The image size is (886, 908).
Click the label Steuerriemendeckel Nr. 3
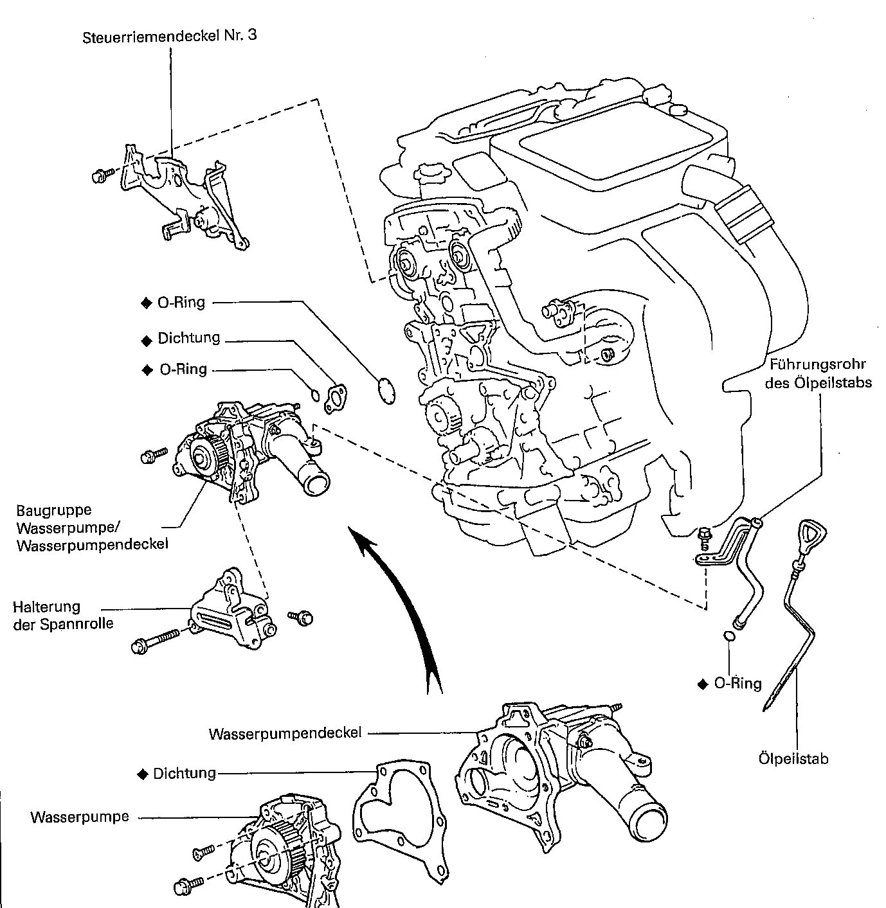(170, 36)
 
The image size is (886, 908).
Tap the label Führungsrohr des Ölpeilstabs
(820, 373)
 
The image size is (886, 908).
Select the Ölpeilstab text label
(793, 759)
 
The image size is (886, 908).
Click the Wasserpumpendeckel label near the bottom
(285, 733)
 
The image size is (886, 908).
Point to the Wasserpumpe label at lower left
(80, 817)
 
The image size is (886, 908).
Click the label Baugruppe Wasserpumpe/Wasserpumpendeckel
(93, 527)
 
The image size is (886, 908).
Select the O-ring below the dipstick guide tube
(728, 636)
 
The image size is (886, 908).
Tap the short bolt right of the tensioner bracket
(302, 618)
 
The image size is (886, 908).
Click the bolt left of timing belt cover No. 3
(101, 175)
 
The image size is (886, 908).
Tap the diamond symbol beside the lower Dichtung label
(143, 774)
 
